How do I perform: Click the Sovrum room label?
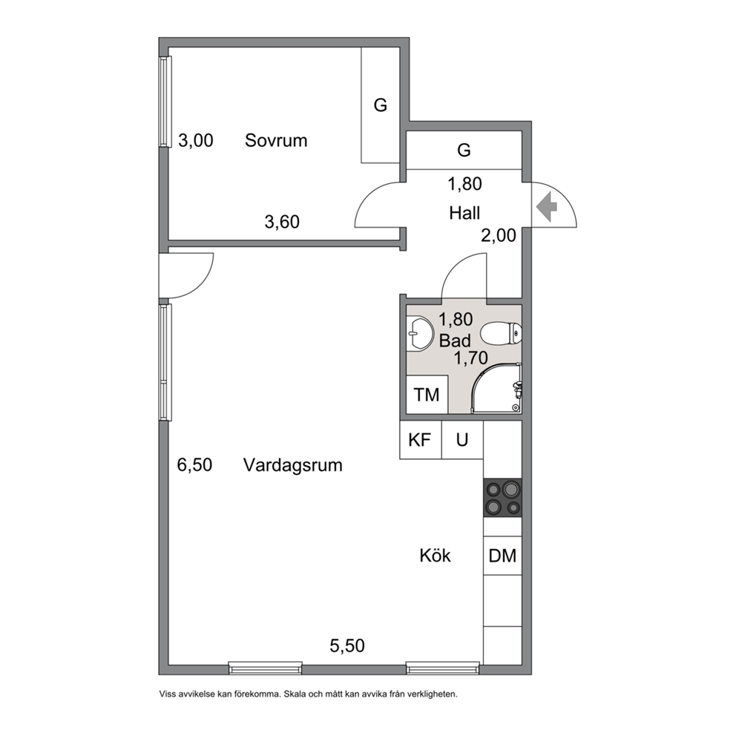pyautogui.click(x=276, y=140)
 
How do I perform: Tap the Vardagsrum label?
pyautogui.click(x=293, y=465)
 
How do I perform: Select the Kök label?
pyautogui.click(x=435, y=555)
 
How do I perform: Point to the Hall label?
pyautogui.click(x=464, y=213)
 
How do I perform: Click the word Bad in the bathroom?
pyautogui.click(x=455, y=340)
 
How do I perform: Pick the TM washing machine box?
pyautogui.click(x=427, y=394)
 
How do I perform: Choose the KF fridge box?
pyautogui.click(x=420, y=440)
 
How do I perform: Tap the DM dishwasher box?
pyautogui.click(x=503, y=555)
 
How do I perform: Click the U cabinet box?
pyautogui.click(x=462, y=440)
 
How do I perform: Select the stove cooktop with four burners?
pyautogui.click(x=503, y=498)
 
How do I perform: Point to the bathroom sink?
pyautogui.click(x=419, y=334)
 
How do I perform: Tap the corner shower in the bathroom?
pyautogui.click(x=496, y=389)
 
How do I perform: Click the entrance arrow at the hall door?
pyautogui.click(x=547, y=206)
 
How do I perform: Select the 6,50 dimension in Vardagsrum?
pyautogui.click(x=195, y=464)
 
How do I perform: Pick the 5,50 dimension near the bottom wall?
pyautogui.click(x=347, y=646)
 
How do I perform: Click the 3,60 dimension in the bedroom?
pyautogui.click(x=282, y=222)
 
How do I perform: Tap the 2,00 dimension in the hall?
pyautogui.click(x=499, y=235)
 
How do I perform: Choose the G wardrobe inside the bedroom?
pyautogui.click(x=380, y=105)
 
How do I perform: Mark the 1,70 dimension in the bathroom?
pyautogui.click(x=471, y=358)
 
